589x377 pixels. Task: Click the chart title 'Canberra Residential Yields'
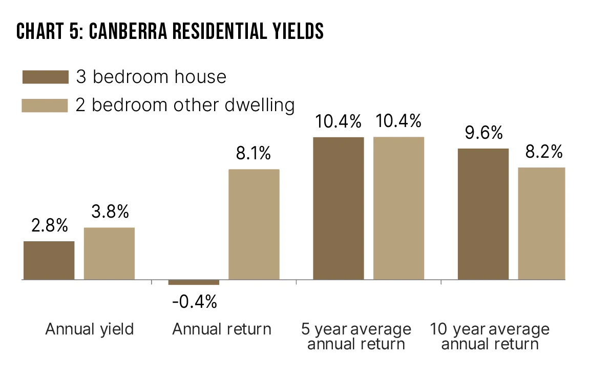point(170,32)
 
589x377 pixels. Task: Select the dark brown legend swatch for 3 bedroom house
point(45,77)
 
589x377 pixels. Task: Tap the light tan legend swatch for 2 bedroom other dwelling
point(45,105)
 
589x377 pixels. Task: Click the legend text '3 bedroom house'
point(151,77)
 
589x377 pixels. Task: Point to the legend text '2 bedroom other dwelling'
point(185,105)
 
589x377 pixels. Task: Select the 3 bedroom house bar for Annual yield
point(49,260)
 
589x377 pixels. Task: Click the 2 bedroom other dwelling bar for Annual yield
point(109,254)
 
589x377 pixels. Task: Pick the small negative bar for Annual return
point(194,282)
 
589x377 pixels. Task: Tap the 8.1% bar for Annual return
point(254,224)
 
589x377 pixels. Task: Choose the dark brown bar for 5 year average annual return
point(339,208)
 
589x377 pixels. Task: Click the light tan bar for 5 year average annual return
point(398,208)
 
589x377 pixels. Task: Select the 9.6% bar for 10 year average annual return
point(483,214)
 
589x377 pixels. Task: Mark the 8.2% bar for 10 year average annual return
point(541,223)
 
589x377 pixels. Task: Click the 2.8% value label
point(49,225)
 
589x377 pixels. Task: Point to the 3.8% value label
point(109,211)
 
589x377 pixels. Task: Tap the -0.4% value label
point(195,302)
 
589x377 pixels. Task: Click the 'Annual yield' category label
point(90,329)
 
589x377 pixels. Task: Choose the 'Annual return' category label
point(222,329)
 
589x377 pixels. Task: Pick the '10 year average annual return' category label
point(490,336)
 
